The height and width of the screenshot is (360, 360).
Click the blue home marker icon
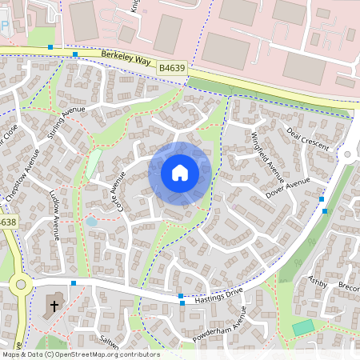pos(180,172)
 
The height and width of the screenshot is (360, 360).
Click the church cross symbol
pos(54,306)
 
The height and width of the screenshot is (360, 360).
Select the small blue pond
pos(91,222)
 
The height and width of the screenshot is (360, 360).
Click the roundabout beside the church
pos(21,283)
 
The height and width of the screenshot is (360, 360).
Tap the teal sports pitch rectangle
pos(303,327)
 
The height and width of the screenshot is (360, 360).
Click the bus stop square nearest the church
pos(73,282)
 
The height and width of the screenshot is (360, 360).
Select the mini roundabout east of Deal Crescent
pos(349,153)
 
